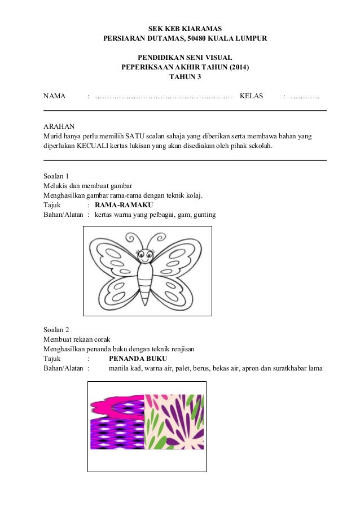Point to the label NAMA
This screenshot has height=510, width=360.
click(54, 97)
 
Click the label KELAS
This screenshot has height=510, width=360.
click(251, 97)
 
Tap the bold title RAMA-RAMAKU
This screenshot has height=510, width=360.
click(124, 204)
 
